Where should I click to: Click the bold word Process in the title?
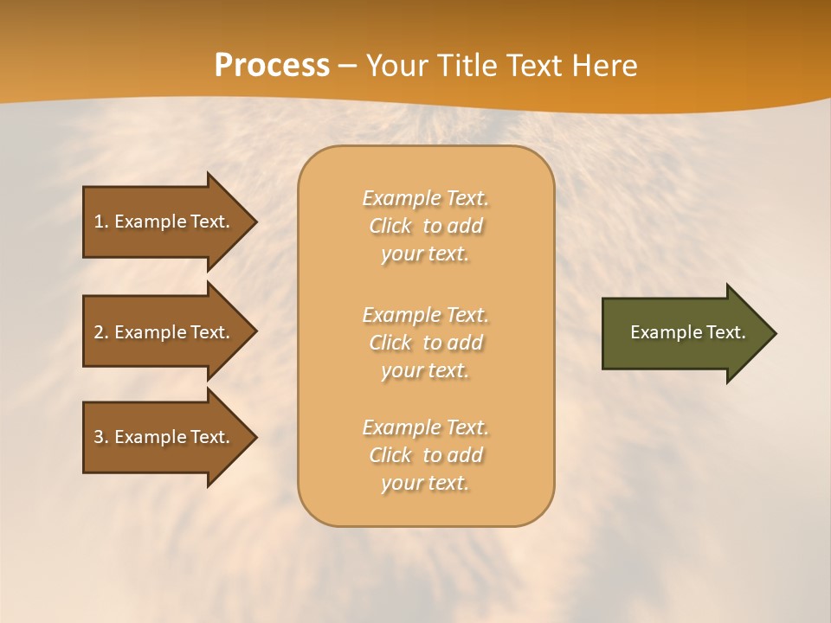point(272,66)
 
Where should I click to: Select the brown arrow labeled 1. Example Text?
point(164,222)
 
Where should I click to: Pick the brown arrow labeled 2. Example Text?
point(164,332)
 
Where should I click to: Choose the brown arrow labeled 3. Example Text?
point(164,437)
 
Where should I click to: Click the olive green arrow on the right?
point(684,333)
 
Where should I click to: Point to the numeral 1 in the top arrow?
point(99,222)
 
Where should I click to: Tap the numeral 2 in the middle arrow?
point(99,332)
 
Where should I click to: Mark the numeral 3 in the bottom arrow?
point(99,437)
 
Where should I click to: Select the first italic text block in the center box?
point(425,226)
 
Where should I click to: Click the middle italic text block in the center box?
point(425,343)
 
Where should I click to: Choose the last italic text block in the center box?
point(425,455)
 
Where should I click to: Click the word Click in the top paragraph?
point(390,227)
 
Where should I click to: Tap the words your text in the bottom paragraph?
point(425,484)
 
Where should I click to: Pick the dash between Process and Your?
point(348,67)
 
